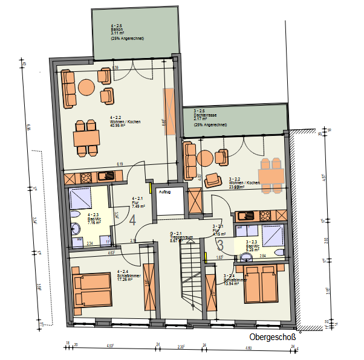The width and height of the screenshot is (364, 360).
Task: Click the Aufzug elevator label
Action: coord(164,192)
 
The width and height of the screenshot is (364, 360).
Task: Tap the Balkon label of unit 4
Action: coord(116,29)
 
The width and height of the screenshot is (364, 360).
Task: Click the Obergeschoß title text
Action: coord(272,338)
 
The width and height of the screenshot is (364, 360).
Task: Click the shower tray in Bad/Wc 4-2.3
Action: coord(80,197)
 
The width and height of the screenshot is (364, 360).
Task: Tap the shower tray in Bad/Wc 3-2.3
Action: coord(272,234)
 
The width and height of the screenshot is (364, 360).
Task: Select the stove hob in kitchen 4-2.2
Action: coord(84,177)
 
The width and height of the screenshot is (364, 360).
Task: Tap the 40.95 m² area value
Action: coord(117,126)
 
